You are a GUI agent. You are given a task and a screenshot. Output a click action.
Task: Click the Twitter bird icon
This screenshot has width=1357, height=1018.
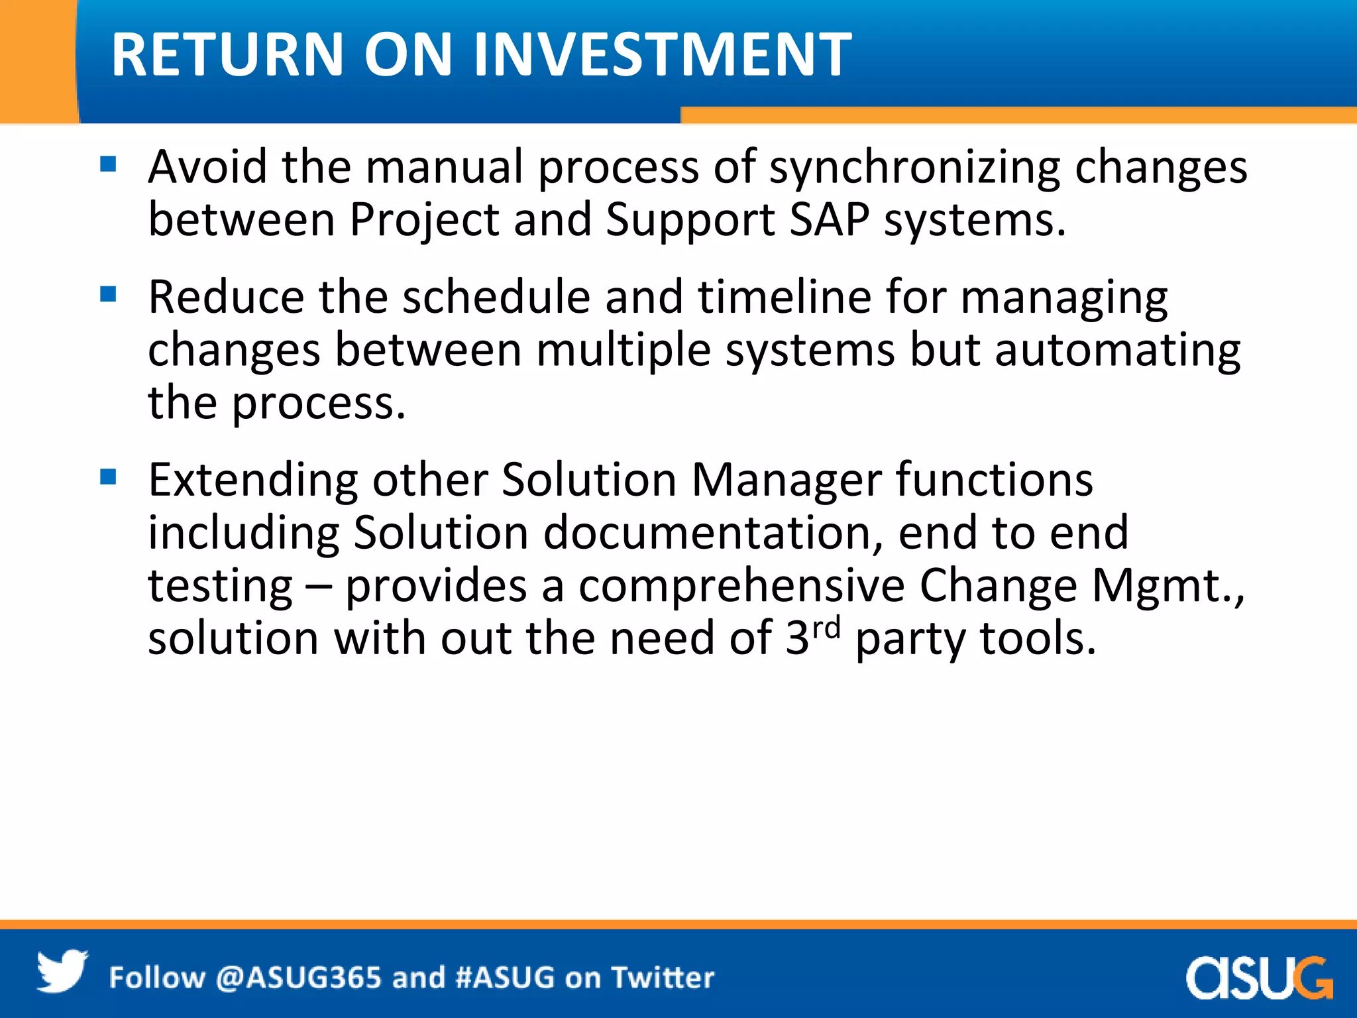[62, 972]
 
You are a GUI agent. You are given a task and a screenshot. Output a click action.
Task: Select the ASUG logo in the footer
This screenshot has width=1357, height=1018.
[1259, 977]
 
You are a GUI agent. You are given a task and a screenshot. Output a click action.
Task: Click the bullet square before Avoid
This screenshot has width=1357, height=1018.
[108, 164]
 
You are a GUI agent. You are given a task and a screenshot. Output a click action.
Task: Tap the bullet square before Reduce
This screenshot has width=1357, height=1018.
[108, 294]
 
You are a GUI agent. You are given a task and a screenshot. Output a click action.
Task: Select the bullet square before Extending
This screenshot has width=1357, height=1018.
[108, 477]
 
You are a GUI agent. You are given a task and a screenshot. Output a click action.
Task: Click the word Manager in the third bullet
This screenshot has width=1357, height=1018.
[786, 481]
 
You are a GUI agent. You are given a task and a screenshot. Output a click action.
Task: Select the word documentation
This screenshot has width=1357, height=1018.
[713, 533]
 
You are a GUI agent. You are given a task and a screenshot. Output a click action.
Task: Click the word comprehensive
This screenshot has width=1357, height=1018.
[741, 586]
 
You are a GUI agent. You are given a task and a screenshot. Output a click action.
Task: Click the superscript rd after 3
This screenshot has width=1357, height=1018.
[826, 627]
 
